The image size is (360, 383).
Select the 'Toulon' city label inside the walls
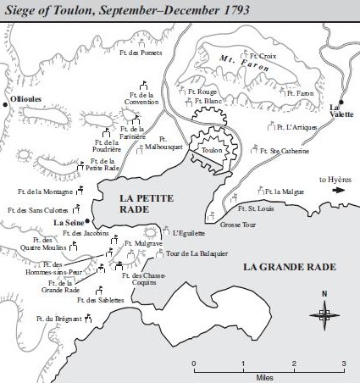coord(210,146)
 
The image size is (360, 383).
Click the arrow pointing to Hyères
coord(339,191)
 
